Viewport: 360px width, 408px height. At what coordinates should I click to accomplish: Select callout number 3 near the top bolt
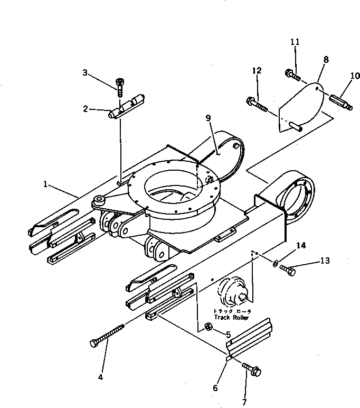pos(85,73)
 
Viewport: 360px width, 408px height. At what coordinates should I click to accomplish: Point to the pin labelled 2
pos(128,107)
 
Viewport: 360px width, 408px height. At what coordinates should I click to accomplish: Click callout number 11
pos(295,41)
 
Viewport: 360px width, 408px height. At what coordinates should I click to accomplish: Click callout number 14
pos(301,246)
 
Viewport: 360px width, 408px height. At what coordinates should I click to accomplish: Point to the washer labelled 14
pos(276,262)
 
